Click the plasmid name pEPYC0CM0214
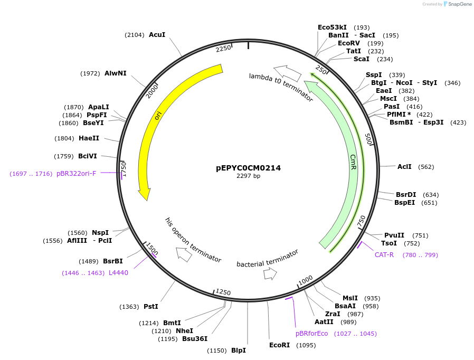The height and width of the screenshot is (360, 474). tap(248, 168)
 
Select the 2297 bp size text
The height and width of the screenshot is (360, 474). tap(248, 176)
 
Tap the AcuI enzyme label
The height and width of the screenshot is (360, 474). tap(157, 34)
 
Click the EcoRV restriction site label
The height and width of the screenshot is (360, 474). tap(349, 43)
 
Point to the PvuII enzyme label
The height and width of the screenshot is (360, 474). tap(394, 235)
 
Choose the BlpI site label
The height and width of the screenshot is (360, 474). tap(239, 350)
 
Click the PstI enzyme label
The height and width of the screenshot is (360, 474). tap(151, 306)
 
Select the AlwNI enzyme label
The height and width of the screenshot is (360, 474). tap(116, 73)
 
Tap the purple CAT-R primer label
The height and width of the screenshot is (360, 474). tap(384, 255)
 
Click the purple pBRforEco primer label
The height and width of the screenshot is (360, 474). tap(312, 334)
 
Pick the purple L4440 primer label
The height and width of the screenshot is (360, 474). tap(118, 273)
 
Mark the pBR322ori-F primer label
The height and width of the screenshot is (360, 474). tap(77, 173)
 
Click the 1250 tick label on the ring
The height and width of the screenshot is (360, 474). tap(223, 292)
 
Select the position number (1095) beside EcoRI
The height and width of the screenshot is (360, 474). tap(306, 345)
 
